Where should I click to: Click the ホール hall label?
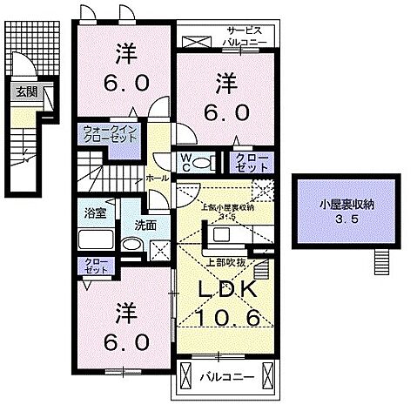(x=158, y=177)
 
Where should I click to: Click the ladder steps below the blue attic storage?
(x=380, y=260)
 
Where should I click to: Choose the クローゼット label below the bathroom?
(x=93, y=266)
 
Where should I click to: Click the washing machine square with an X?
(x=158, y=251)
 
